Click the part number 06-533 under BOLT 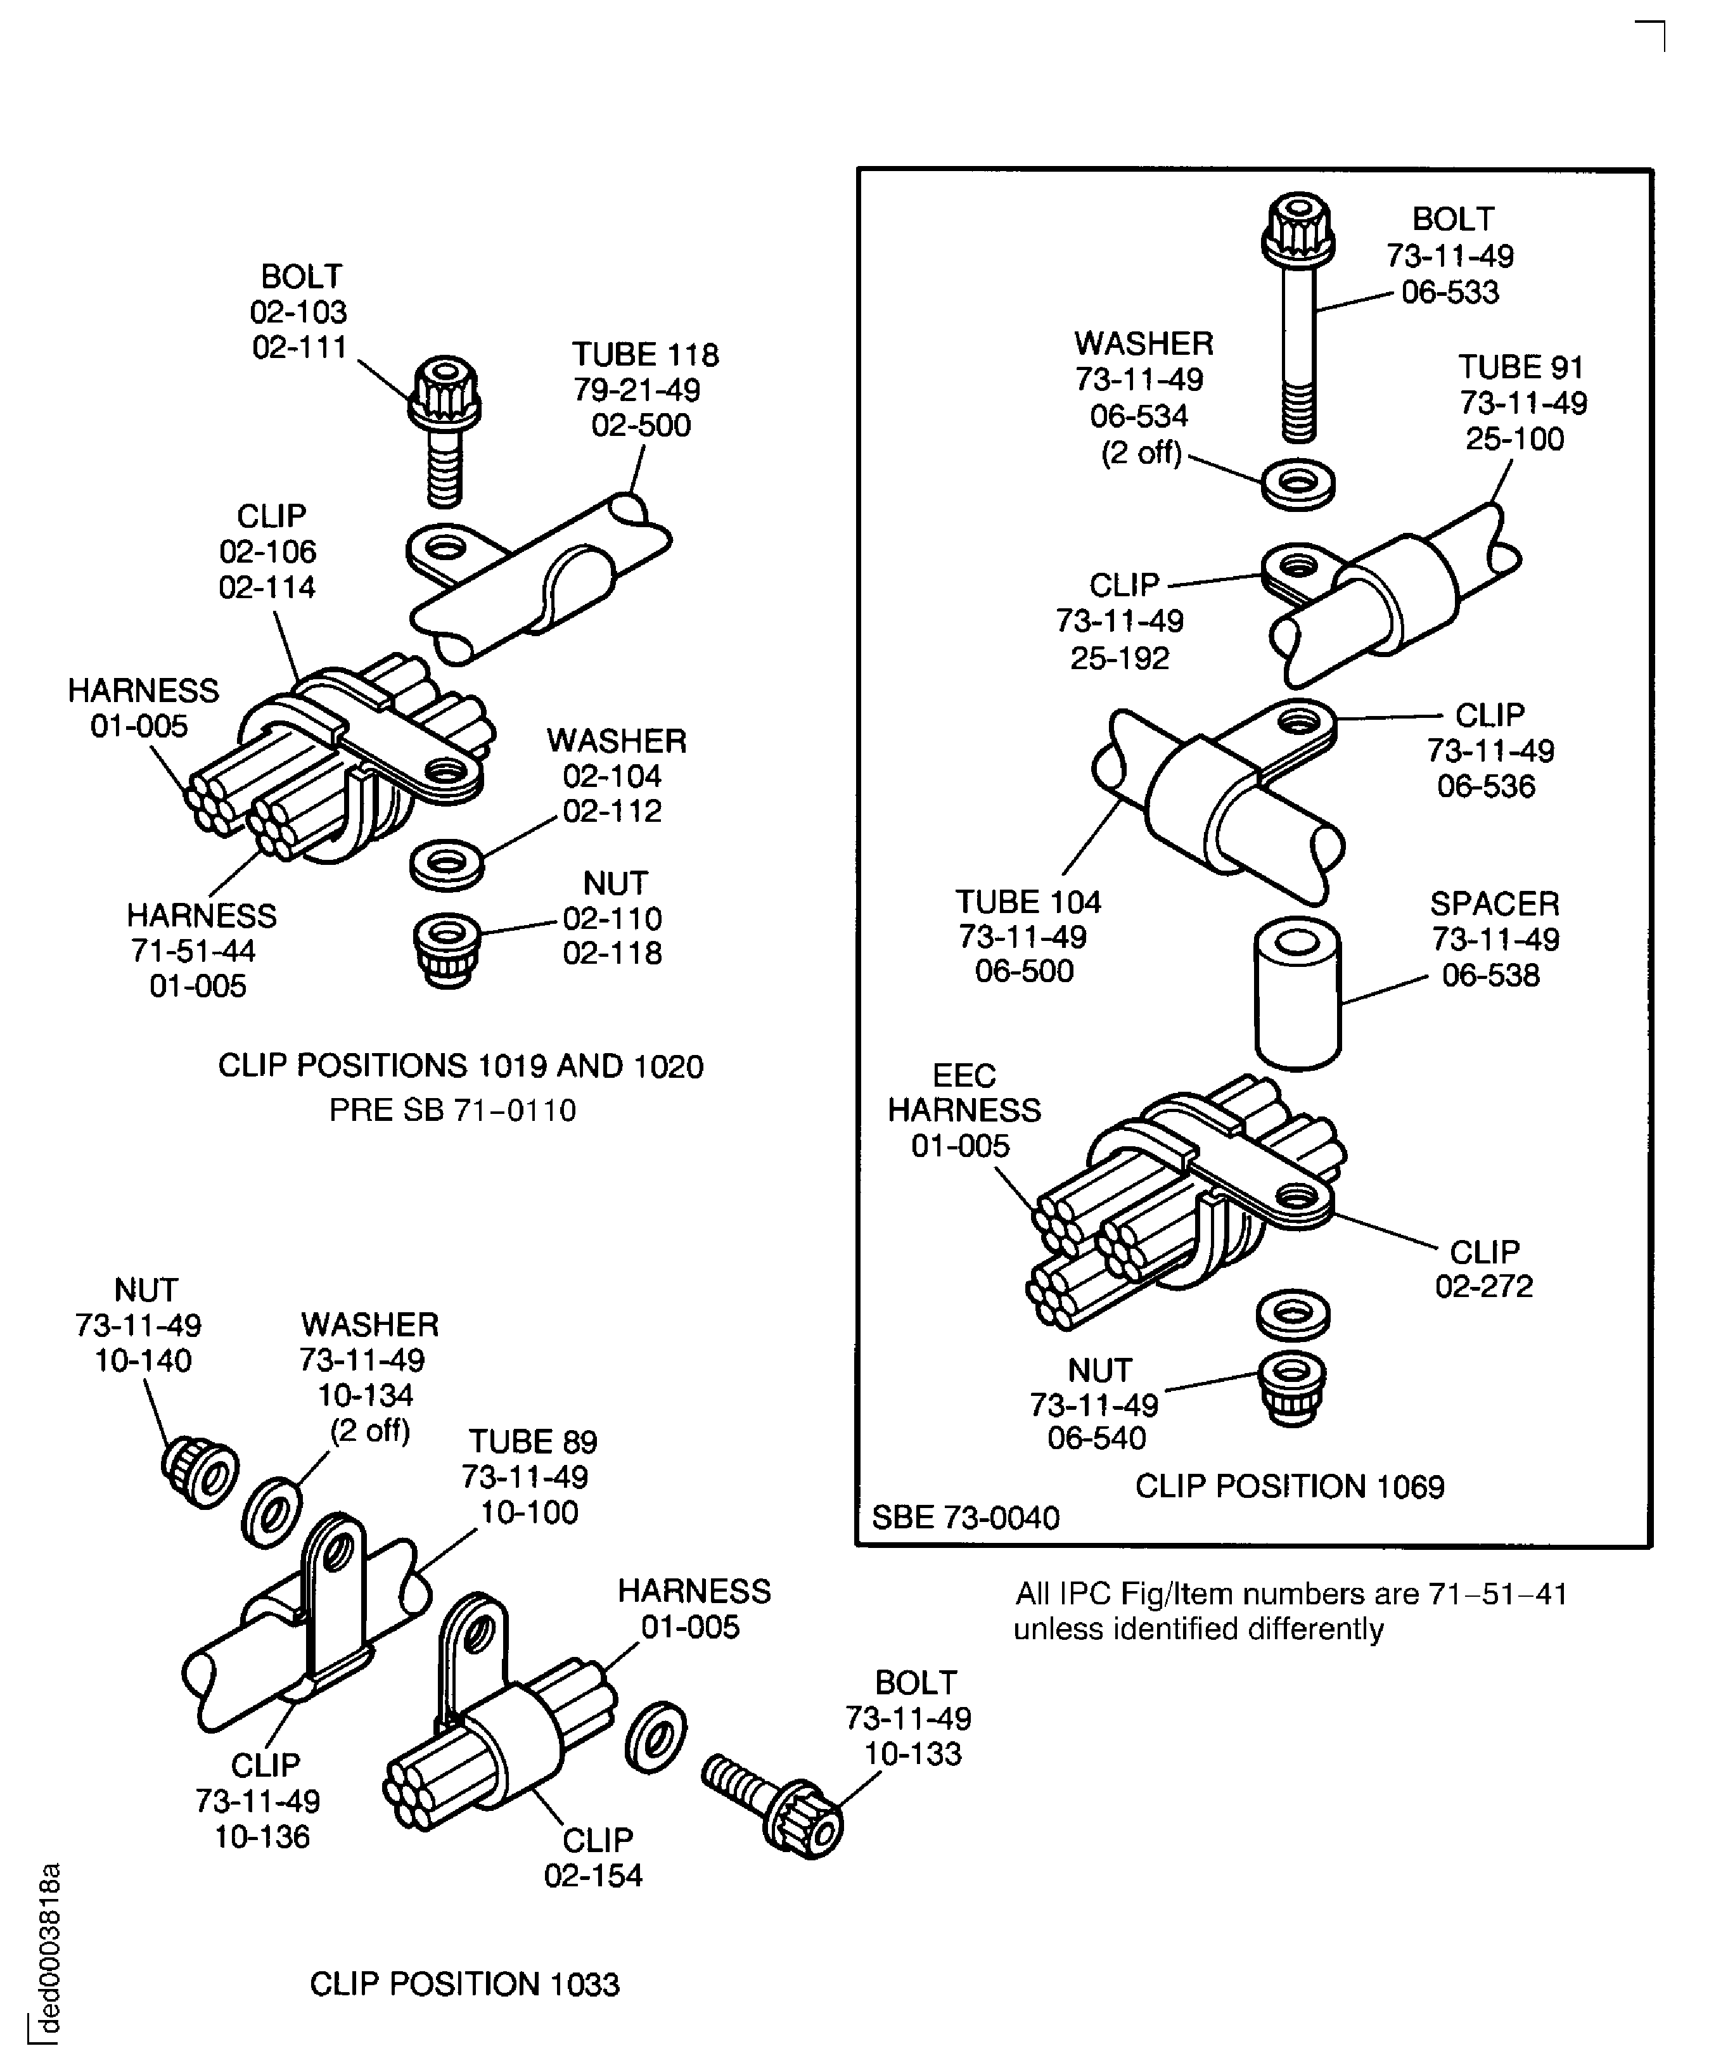pyautogui.click(x=1450, y=293)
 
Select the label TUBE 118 pyautogui.click(x=645, y=355)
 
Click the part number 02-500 pyautogui.click(x=641, y=426)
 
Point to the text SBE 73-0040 pyautogui.click(x=965, y=1518)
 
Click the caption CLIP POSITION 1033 pyautogui.click(x=464, y=1985)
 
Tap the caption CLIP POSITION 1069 pyautogui.click(x=1290, y=1486)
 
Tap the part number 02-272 pyautogui.click(x=1484, y=1286)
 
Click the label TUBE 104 pyautogui.click(x=1028, y=902)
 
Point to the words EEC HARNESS pyautogui.click(x=964, y=1092)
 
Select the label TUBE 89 pyautogui.click(x=532, y=1442)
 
